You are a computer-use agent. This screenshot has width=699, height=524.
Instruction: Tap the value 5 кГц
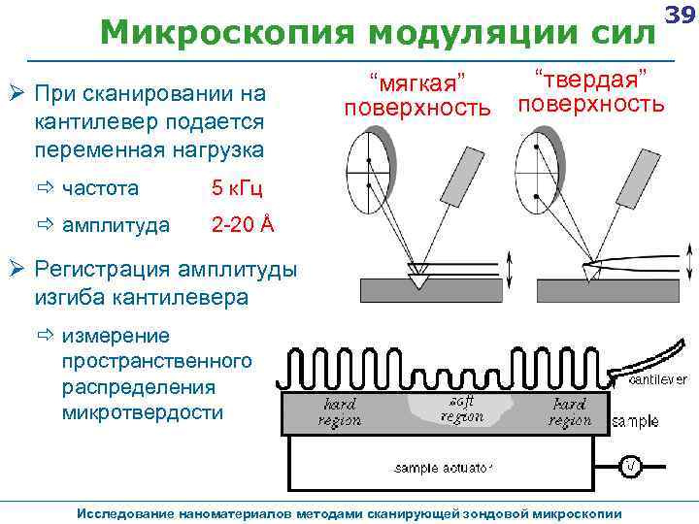click(237, 188)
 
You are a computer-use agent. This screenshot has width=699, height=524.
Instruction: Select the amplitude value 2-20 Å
click(243, 225)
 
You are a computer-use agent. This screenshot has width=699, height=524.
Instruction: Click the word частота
click(100, 188)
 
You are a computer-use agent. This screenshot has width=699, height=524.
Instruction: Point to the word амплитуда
click(116, 225)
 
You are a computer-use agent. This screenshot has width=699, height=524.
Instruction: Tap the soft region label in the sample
click(461, 408)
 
